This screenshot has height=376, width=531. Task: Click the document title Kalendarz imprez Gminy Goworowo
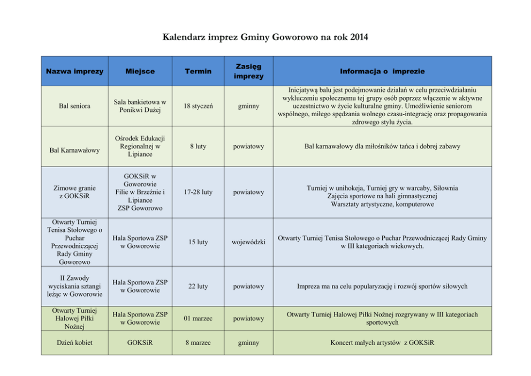(x=265, y=37)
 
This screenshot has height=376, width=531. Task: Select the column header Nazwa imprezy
(x=74, y=71)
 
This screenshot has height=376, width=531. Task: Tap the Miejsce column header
(x=140, y=71)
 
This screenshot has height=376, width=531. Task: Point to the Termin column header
(x=198, y=71)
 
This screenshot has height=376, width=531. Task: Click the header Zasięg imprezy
(x=248, y=71)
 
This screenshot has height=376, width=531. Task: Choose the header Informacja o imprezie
(x=382, y=71)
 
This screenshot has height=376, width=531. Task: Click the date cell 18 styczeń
(x=198, y=106)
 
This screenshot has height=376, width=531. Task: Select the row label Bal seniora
(x=74, y=106)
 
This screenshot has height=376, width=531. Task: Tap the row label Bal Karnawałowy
(x=74, y=150)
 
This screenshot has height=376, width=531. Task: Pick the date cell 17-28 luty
(x=198, y=192)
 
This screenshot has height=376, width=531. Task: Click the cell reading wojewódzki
(x=248, y=242)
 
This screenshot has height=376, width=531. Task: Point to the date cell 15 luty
(x=198, y=242)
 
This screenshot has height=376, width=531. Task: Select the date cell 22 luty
(x=198, y=287)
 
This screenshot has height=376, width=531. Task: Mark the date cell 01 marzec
(x=198, y=319)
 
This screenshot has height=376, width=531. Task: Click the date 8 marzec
(x=198, y=343)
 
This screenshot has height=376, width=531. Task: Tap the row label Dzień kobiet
(x=74, y=343)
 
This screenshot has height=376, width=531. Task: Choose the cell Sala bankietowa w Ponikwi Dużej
(x=140, y=106)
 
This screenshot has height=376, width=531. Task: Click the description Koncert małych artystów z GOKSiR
(x=382, y=343)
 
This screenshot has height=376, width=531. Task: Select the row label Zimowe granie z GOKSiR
(x=74, y=192)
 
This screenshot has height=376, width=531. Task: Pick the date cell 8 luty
(x=198, y=146)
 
